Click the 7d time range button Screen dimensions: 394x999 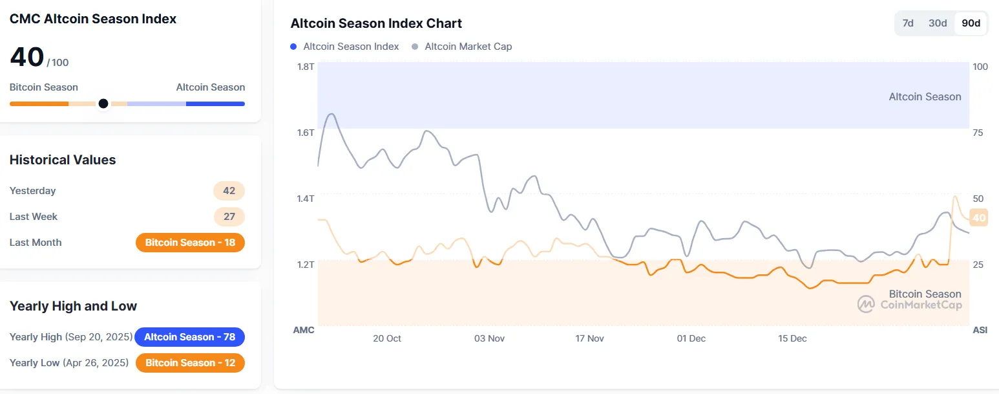coord(908,23)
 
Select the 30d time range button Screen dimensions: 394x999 coord(938,23)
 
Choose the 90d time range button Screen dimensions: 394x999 coord(971,23)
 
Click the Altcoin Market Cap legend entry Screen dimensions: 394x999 coord(468,47)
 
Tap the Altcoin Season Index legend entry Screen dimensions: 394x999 coord(351,47)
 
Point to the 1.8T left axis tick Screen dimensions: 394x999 coord(305,67)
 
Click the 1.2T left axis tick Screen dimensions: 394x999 coord(305,265)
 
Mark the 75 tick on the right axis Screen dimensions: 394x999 coord(978,133)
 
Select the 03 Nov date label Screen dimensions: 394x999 coord(489,338)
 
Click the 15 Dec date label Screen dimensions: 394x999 coord(792,338)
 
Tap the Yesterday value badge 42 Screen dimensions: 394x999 coord(229,191)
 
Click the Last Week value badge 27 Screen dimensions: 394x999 coord(229,217)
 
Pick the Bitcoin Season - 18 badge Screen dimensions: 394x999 coord(190,243)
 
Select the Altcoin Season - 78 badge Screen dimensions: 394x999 coord(189,337)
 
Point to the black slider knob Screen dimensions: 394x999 coord(103,104)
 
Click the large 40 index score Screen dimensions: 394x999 coord(27,58)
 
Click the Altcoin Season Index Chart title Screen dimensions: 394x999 coord(376,23)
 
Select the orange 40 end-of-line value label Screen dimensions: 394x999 coord(979,218)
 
